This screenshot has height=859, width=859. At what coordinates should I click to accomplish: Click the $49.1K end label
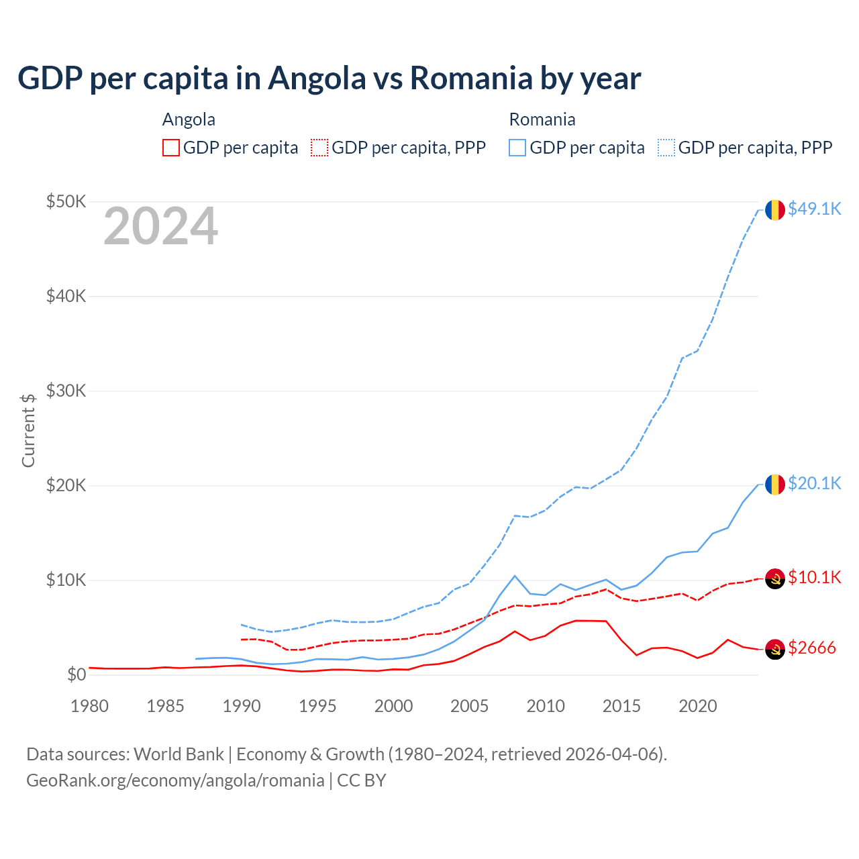(x=814, y=209)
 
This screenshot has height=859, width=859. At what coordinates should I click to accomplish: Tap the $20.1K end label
(x=814, y=484)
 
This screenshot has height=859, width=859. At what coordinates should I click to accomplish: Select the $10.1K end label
(x=814, y=578)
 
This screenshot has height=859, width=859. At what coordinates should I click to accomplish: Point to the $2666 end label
(x=811, y=648)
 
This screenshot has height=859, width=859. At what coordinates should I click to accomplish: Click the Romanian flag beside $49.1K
(x=775, y=210)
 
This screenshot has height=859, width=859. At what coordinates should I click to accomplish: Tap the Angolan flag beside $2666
(x=775, y=649)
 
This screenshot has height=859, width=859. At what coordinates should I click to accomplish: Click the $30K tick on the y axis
(x=66, y=391)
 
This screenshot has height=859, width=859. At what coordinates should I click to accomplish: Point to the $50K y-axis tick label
(x=66, y=201)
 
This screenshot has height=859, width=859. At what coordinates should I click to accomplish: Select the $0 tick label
(x=77, y=674)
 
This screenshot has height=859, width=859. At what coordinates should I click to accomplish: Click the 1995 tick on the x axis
(x=317, y=706)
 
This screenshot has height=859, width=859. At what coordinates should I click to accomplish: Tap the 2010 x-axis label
(x=546, y=706)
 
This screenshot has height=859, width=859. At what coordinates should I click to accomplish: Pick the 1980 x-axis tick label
(x=89, y=706)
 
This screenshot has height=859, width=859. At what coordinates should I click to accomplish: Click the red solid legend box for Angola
(x=171, y=148)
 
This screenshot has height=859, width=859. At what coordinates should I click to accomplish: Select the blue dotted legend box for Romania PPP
(x=666, y=148)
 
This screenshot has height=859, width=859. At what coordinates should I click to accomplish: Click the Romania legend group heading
(x=542, y=119)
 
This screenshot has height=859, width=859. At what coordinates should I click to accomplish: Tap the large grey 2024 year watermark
(x=160, y=227)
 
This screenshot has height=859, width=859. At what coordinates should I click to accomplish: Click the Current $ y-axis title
(x=28, y=430)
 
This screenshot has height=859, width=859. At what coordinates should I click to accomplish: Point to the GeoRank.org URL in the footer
(x=175, y=780)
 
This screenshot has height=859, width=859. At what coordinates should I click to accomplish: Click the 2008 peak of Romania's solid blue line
(x=515, y=576)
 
